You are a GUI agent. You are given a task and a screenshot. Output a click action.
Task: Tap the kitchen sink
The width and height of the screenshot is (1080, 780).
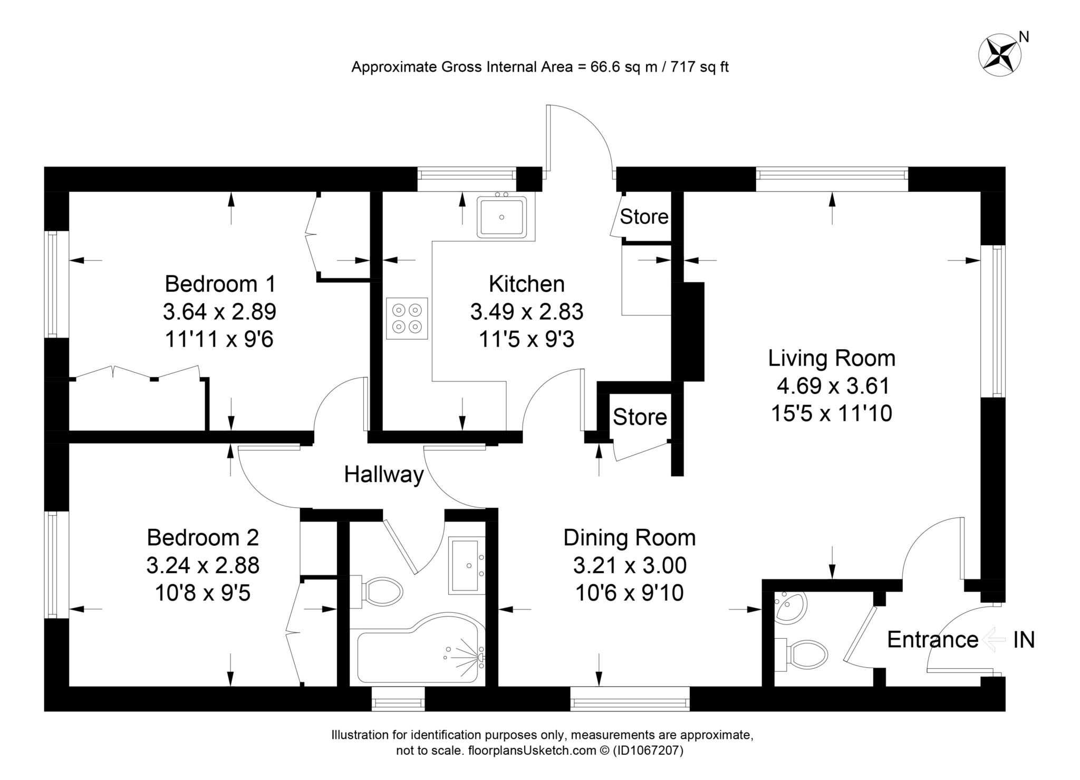[x=502, y=217]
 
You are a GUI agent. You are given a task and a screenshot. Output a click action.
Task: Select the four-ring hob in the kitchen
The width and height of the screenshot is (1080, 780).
[x=407, y=319]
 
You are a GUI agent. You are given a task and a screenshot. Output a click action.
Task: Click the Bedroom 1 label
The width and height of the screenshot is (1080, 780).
[x=220, y=284]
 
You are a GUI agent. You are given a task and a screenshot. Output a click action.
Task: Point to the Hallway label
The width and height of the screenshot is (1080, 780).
[x=384, y=475]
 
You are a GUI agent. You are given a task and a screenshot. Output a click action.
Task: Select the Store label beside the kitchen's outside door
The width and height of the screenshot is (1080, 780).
[x=644, y=217]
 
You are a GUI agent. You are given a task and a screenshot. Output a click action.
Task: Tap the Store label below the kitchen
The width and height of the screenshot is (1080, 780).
[x=640, y=417]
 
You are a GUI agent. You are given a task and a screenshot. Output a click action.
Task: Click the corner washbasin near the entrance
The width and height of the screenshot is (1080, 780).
[x=791, y=608]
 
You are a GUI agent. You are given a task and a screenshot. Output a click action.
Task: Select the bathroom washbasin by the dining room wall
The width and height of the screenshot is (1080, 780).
[x=467, y=565]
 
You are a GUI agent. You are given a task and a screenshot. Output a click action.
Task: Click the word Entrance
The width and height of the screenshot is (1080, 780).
[x=932, y=640]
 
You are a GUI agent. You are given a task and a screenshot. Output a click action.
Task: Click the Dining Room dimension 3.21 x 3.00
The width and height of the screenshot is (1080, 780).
[x=630, y=565]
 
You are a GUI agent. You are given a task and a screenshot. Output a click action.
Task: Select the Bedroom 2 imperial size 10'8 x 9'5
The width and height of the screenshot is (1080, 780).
[x=202, y=593]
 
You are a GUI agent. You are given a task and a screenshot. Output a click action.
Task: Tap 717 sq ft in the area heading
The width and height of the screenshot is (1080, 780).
[x=699, y=67]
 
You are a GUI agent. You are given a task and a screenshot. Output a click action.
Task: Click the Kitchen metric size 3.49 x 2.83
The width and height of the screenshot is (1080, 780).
[x=526, y=312]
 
